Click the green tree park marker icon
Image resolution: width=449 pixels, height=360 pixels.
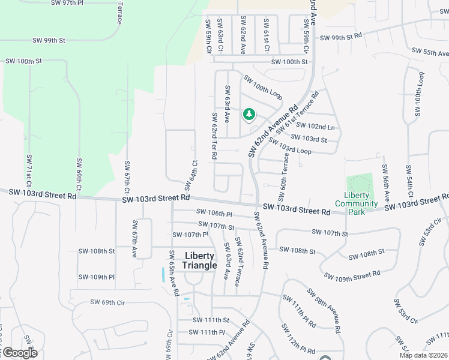[249, 113]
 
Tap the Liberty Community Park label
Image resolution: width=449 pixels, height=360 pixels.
[357, 199]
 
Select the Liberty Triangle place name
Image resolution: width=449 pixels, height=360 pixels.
[200, 260]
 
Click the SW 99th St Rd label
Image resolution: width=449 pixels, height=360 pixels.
[341, 37]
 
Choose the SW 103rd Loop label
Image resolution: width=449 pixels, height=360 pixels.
[289, 146]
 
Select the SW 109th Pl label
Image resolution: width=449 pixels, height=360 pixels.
[96, 277]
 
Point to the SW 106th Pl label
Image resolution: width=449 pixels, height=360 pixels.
[214, 213]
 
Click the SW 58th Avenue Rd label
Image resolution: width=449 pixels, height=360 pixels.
[326, 310]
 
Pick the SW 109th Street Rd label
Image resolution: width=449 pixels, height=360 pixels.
[352, 275]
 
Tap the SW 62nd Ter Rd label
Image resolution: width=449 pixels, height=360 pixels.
[213, 136]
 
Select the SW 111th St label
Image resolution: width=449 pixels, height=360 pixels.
[211, 320]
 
